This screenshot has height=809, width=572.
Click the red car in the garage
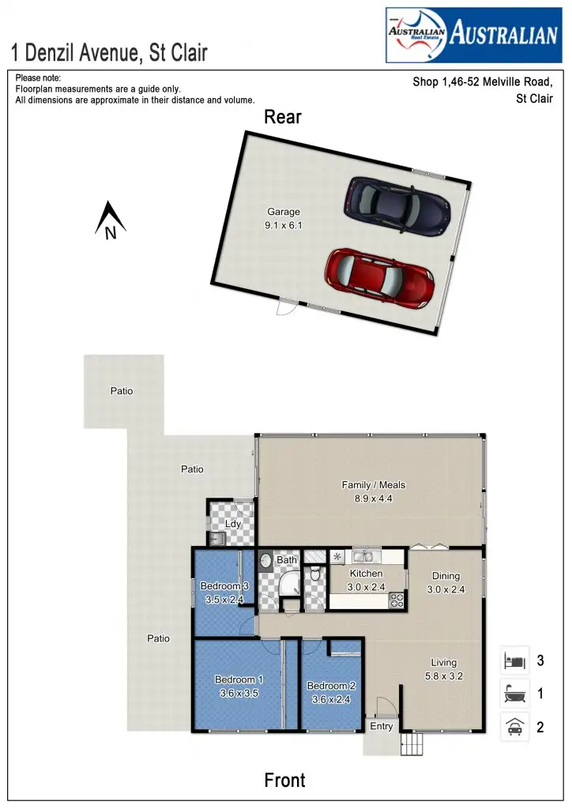click(380, 280)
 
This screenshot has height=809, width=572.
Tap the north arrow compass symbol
click(111, 220)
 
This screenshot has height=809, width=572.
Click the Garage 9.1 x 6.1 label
click(283, 219)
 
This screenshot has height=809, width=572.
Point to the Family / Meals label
click(374, 491)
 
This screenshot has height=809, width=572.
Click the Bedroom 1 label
click(239, 686)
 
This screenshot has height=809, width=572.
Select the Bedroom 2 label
click(331, 692)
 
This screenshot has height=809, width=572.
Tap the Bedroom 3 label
click(224, 593)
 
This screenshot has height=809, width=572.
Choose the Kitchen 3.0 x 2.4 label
click(366, 580)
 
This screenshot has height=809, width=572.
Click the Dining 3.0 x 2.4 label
click(446, 582)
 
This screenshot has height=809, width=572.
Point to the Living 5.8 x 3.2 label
click(443, 669)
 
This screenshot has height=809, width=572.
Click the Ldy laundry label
click(232, 524)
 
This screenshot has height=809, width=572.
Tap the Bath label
click(287, 560)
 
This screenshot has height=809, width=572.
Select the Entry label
click(382, 727)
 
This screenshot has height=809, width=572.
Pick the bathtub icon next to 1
click(514, 694)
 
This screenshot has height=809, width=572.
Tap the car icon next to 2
click(514, 727)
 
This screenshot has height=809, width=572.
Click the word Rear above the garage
click(283, 117)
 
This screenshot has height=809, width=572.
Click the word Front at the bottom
click(284, 781)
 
